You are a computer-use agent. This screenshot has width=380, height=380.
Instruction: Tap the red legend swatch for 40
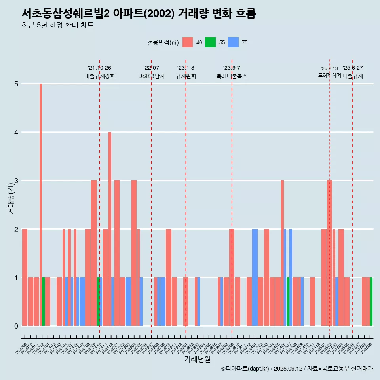pos(188,42)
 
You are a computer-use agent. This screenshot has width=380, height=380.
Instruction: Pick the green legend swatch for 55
pos(210,42)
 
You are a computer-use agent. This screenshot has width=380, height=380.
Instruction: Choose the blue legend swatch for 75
pos(233,42)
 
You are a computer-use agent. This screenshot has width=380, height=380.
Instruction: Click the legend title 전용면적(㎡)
pos(163,43)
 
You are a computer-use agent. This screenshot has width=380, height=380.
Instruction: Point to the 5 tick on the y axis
pos(16,84)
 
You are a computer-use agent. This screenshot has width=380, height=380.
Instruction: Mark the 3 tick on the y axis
pos(16,181)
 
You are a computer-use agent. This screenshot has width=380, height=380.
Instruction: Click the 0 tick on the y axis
pos(16,326)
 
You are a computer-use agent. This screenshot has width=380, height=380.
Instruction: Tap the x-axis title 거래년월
pos(197,359)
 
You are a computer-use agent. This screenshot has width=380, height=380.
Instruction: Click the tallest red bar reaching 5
pos(41,205)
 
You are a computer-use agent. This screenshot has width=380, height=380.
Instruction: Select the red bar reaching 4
pos(110,229)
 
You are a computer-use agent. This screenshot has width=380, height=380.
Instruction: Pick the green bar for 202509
pos(371,302)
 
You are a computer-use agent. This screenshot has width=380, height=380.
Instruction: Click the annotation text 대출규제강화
pos(99,76)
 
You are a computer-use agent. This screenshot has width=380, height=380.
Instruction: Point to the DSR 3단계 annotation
pos(151,76)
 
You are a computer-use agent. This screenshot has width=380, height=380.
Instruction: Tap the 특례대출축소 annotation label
pos(232,76)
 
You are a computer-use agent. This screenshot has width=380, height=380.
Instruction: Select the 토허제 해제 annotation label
pos(329,75)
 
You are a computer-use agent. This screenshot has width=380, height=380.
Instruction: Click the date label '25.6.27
pos(353,68)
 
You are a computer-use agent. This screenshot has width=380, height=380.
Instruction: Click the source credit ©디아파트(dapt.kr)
pos(245,369)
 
